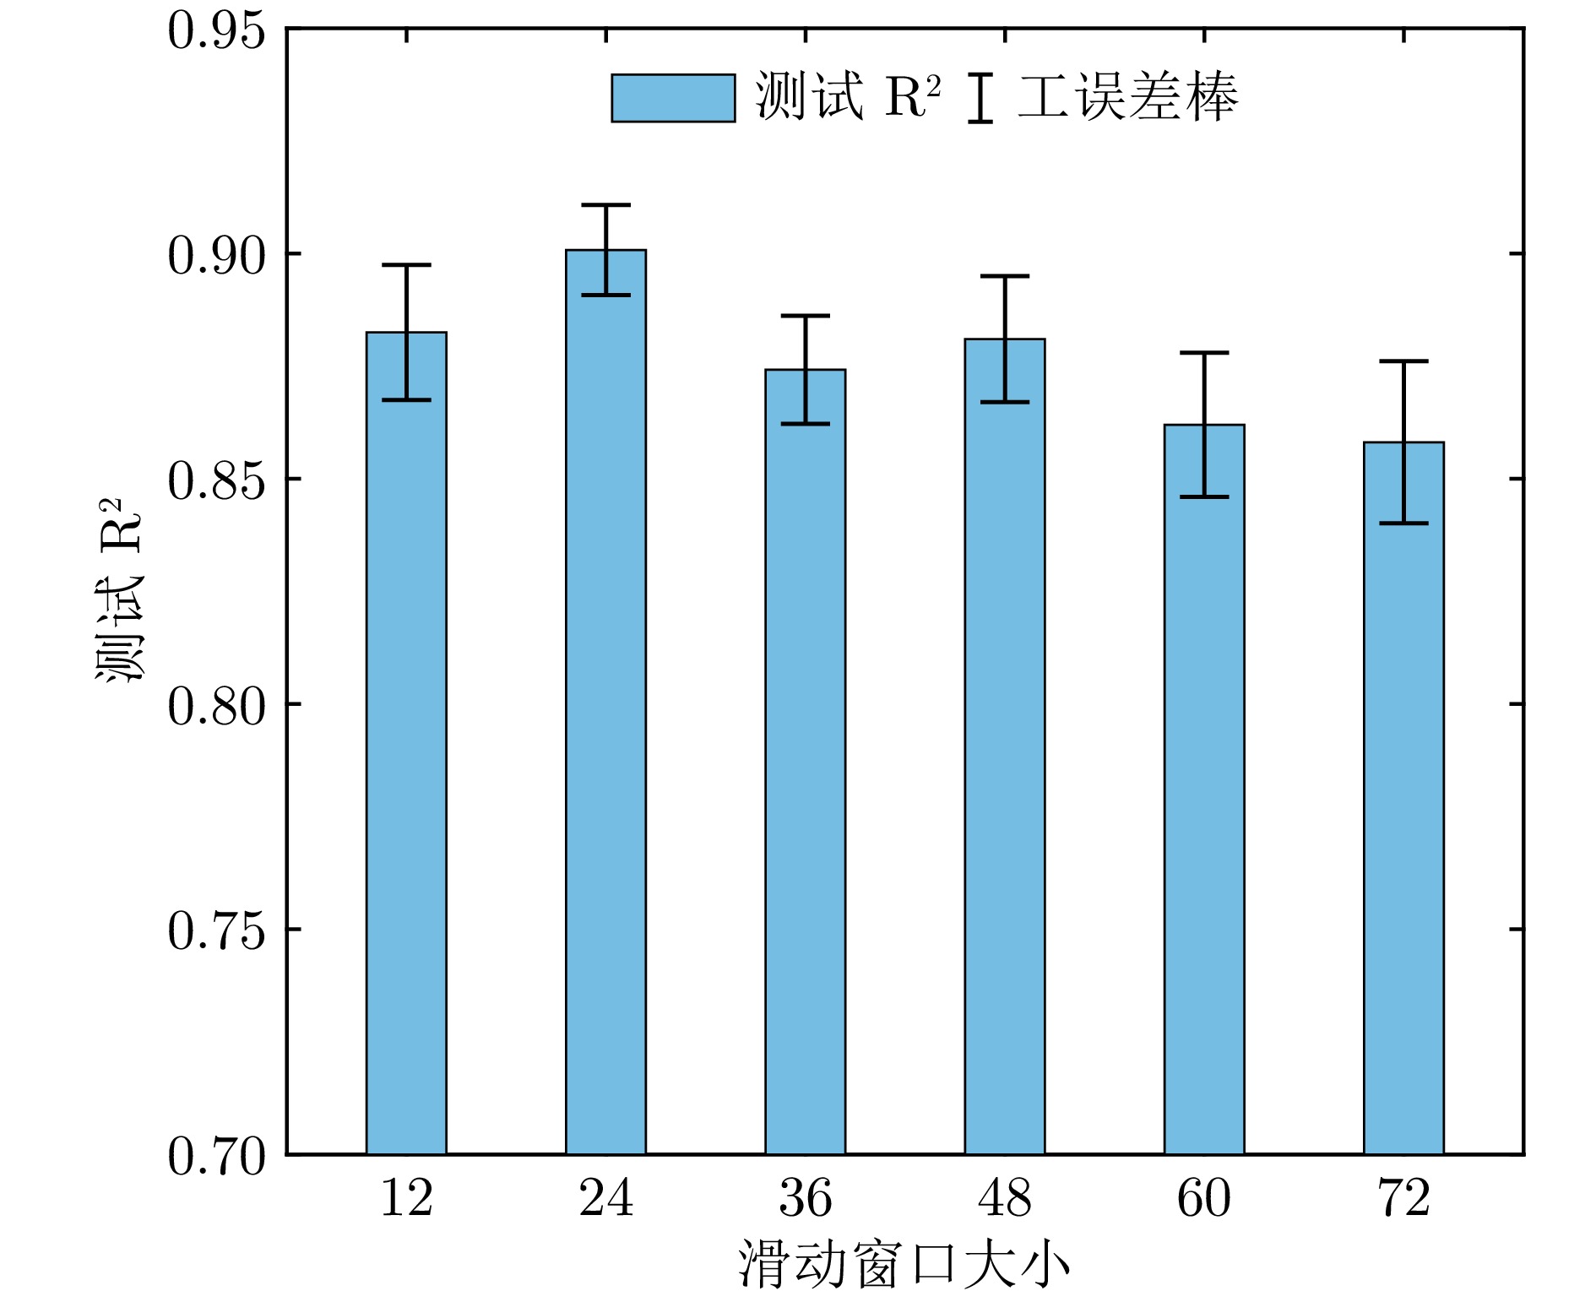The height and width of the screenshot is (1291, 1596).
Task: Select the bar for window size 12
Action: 406,743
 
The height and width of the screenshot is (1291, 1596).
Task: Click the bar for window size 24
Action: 605,701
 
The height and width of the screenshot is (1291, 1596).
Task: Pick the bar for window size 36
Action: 805,760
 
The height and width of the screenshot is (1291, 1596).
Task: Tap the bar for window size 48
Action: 1005,746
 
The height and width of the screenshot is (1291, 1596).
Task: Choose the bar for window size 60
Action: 1204,789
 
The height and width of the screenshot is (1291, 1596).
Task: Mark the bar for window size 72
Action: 1403,797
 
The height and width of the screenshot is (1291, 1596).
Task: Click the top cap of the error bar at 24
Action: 605,205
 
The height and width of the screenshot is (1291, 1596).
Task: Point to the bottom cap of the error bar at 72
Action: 1403,523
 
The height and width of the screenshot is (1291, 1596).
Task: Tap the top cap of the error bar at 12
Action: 406,265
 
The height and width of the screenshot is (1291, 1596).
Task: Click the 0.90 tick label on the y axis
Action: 216,256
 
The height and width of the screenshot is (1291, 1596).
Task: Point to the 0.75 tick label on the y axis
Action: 216,931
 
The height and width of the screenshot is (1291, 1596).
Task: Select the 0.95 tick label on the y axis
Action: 216,32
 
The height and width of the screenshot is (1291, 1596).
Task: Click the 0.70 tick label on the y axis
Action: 216,1156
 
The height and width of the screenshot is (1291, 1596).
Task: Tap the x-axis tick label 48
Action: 1005,1198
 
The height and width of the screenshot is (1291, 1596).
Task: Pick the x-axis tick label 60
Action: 1204,1198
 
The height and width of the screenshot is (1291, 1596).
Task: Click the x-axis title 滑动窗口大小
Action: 904,1264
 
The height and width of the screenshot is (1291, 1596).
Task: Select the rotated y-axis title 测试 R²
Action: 119,590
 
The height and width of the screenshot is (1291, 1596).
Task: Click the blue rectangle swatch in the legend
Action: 673,98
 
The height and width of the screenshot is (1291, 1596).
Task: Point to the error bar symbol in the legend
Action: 980,98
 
